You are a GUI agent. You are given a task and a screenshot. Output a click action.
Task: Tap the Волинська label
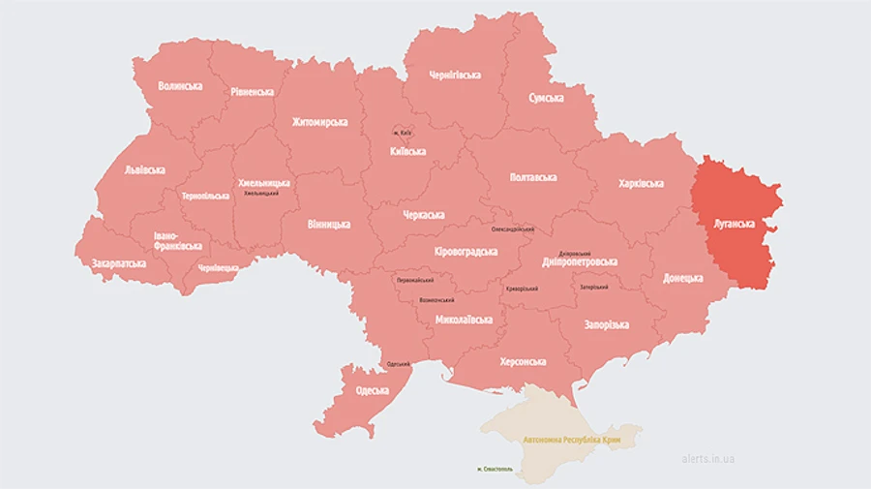click(180, 86)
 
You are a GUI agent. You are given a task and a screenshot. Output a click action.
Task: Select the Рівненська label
click(252, 92)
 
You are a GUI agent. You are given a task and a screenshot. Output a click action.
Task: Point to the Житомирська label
click(319, 123)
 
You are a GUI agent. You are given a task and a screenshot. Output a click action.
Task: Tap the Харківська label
click(640, 183)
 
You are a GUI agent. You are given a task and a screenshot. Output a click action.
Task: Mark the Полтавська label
click(533, 178)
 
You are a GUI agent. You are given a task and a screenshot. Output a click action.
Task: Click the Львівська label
click(145, 169)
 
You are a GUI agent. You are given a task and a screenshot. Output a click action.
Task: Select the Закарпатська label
click(119, 262)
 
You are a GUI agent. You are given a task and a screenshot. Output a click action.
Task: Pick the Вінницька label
click(329, 224)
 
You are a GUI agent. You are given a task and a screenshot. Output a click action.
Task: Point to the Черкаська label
click(423, 215)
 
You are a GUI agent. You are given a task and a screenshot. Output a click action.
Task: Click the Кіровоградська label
click(466, 252)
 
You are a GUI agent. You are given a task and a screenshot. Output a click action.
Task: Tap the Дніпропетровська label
click(581, 261)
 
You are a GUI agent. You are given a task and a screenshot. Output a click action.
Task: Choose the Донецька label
click(683, 278)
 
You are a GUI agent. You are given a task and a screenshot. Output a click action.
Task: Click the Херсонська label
click(523, 361)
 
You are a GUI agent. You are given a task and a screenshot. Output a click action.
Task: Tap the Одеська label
click(372, 390)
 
